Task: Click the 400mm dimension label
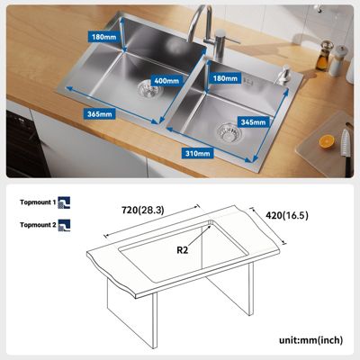coord(166,81)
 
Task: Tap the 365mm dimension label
coord(100,114)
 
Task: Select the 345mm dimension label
coord(254,122)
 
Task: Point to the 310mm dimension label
coord(197,153)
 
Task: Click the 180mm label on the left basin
coord(103,37)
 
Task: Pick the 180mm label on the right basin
coord(225,78)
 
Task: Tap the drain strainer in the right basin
coord(229,132)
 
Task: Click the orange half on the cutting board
coord(327,141)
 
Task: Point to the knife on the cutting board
coord(346,151)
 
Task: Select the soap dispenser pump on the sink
coord(283,75)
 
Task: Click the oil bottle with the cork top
coord(325,56)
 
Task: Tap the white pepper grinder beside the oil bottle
coord(337,61)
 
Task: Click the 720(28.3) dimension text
coord(143,211)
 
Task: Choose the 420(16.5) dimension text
coord(287,215)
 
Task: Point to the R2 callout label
coord(182,249)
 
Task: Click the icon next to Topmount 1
coord(64,202)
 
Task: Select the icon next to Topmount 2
coord(64,225)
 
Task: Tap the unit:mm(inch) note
coord(310,340)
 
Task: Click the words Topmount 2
coord(38,225)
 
